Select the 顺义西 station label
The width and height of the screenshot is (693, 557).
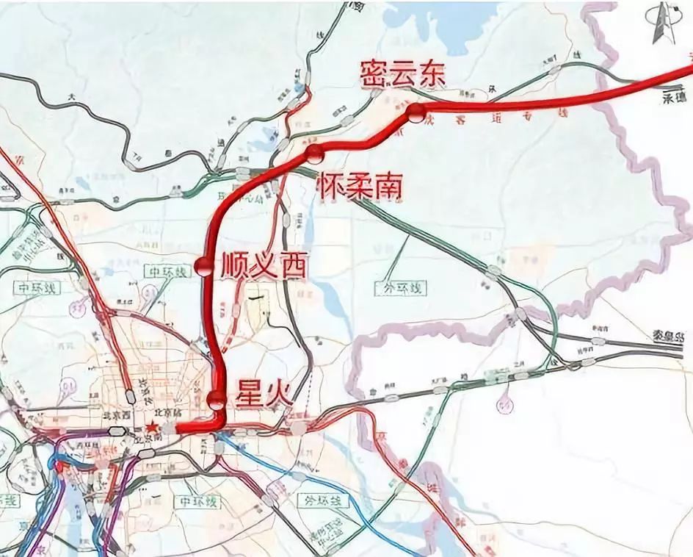click(x=262, y=266)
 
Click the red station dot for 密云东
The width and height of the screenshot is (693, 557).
click(x=416, y=112)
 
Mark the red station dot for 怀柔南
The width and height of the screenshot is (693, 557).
click(x=315, y=154)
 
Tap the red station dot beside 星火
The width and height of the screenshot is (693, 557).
click(x=216, y=400)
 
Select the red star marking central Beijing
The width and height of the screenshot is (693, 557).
click(x=151, y=428)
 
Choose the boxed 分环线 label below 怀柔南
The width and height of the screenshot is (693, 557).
click(x=400, y=288)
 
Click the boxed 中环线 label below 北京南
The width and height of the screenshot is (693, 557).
click(x=196, y=503)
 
